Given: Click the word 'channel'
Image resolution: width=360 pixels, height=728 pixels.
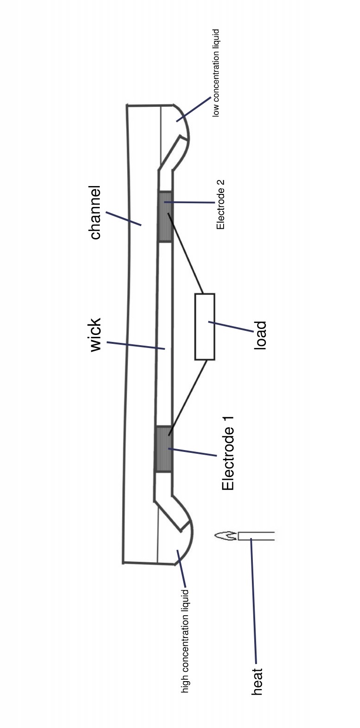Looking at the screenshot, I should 95,213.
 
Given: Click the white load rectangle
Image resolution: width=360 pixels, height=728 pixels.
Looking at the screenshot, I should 205,327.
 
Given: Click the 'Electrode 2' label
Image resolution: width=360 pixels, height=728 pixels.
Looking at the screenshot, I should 221,205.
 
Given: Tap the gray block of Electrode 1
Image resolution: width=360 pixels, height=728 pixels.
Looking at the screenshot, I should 163,449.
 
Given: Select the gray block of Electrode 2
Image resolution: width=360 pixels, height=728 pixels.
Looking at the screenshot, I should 165,217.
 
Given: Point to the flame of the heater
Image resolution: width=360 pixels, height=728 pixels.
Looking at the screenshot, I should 225,536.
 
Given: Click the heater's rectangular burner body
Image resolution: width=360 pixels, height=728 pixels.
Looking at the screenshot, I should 256,536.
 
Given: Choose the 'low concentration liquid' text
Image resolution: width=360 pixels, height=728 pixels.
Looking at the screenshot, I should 216,73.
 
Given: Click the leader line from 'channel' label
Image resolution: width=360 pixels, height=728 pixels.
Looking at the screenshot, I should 123,219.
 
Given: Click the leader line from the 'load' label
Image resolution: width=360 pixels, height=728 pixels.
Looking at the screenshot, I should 231,327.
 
